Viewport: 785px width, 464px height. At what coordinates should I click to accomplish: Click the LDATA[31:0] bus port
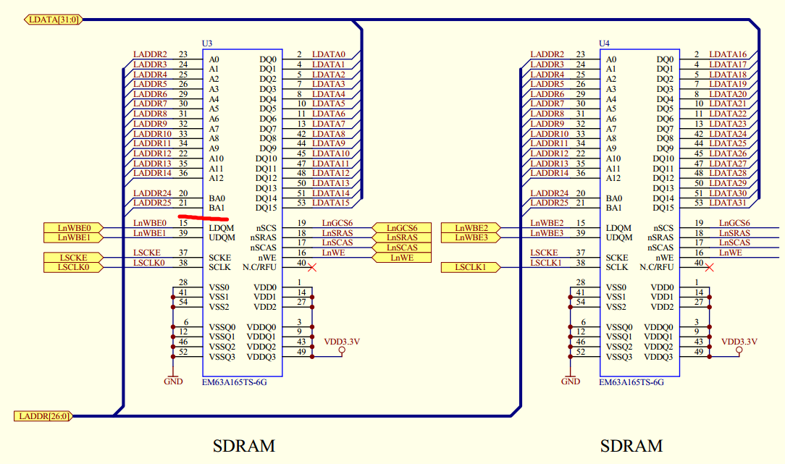coord(51,20)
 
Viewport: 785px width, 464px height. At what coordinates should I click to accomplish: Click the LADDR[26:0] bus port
coord(43,416)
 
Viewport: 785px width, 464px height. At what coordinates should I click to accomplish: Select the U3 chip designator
coord(207,44)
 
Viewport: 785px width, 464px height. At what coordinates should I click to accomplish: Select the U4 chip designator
coord(605,44)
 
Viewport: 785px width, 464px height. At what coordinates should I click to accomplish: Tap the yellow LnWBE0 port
coord(73,228)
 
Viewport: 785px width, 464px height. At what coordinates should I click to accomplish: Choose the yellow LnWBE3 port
coord(470,237)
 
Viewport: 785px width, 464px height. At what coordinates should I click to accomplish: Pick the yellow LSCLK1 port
coord(470,268)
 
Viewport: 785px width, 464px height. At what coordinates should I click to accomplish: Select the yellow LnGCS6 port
coord(401,228)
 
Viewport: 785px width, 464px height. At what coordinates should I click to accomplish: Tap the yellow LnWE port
coord(401,258)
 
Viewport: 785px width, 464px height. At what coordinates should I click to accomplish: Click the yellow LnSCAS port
coord(401,248)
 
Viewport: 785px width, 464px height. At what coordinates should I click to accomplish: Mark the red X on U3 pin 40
coord(312,267)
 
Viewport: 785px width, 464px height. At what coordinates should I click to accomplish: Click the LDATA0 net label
coord(329,54)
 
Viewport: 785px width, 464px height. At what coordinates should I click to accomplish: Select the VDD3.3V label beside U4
coord(739,341)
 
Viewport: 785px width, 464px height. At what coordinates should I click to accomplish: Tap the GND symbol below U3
coord(173,379)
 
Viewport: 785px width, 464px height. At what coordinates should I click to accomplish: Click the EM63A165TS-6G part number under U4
coord(631,382)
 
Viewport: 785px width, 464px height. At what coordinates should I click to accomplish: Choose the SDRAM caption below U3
coord(244,445)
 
